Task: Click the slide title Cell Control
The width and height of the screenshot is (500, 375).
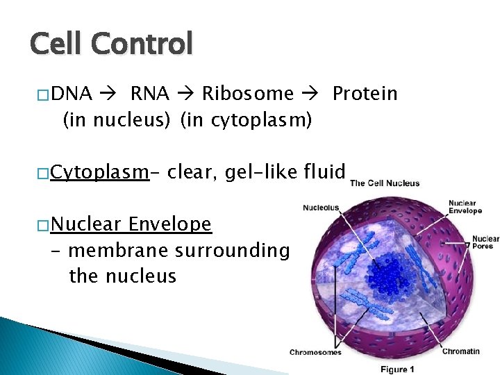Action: [x=111, y=44]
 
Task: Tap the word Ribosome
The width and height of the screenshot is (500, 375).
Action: [x=248, y=94]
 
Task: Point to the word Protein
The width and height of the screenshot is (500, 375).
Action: [x=365, y=94]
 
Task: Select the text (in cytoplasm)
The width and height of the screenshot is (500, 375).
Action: [x=246, y=121]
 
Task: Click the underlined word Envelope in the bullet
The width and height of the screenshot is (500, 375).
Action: [x=170, y=224]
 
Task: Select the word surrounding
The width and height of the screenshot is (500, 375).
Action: [x=232, y=250]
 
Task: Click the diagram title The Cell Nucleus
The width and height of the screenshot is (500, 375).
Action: [x=385, y=183]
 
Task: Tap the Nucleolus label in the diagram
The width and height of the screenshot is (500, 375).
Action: [x=321, y=207]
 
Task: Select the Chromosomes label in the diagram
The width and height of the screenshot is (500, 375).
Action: [x=315, y=352]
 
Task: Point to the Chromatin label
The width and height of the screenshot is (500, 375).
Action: [x=460, y=351]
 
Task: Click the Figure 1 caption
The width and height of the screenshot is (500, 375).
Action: [x=398, y=369]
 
